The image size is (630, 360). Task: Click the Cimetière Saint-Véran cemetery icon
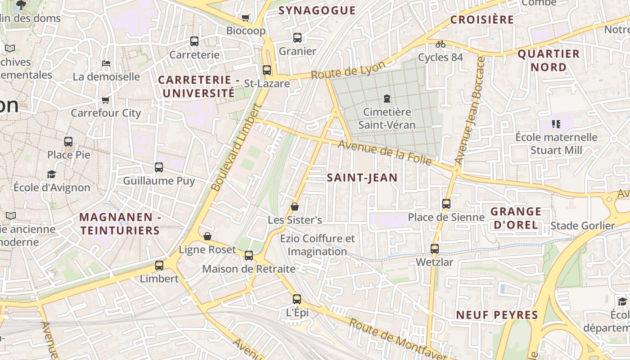point(386,99)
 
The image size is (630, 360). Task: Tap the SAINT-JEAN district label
point(362,178)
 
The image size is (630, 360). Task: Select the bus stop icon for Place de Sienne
point(446,204)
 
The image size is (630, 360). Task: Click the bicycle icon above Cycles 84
point(441,44)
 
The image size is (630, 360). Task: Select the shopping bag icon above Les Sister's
point(295,207)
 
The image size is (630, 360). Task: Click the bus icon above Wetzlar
point(434,249)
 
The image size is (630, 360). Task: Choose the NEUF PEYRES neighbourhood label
point(497,315)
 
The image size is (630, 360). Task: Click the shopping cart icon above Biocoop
point(245,18)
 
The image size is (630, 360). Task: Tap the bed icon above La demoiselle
point(106,63)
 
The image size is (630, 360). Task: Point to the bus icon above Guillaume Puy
point(159,167)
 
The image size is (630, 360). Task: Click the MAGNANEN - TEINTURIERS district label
point(120,224)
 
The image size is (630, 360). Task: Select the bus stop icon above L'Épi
point(297,299)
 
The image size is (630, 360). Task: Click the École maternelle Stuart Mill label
point(556,144)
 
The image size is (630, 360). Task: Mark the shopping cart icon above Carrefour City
point(106,100)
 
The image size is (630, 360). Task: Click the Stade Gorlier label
point(582,226)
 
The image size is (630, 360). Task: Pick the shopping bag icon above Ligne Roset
point(207,236)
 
